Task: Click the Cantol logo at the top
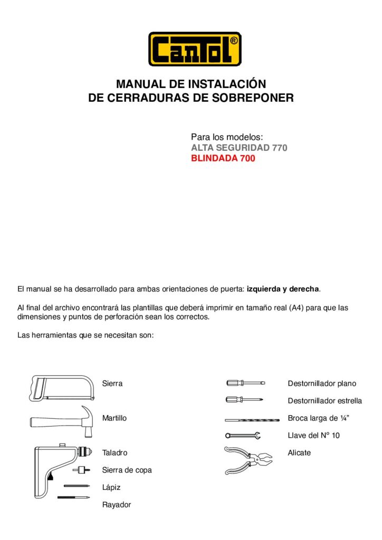[195, 49]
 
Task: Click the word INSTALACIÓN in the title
[231, 84]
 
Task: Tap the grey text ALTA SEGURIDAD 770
[239, 148]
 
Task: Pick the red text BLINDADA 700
[223, 158]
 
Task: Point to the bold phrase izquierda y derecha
[283, 289]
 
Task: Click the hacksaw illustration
[62, 388]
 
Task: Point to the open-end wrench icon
[243, 436]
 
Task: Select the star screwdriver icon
[244, 400]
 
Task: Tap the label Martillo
[114, 418]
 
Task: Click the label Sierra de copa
[127, 470]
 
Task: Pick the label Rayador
[117, 505]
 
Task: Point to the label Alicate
[299, 453]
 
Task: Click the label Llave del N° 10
[314, 436]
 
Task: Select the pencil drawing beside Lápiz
[78, 486]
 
